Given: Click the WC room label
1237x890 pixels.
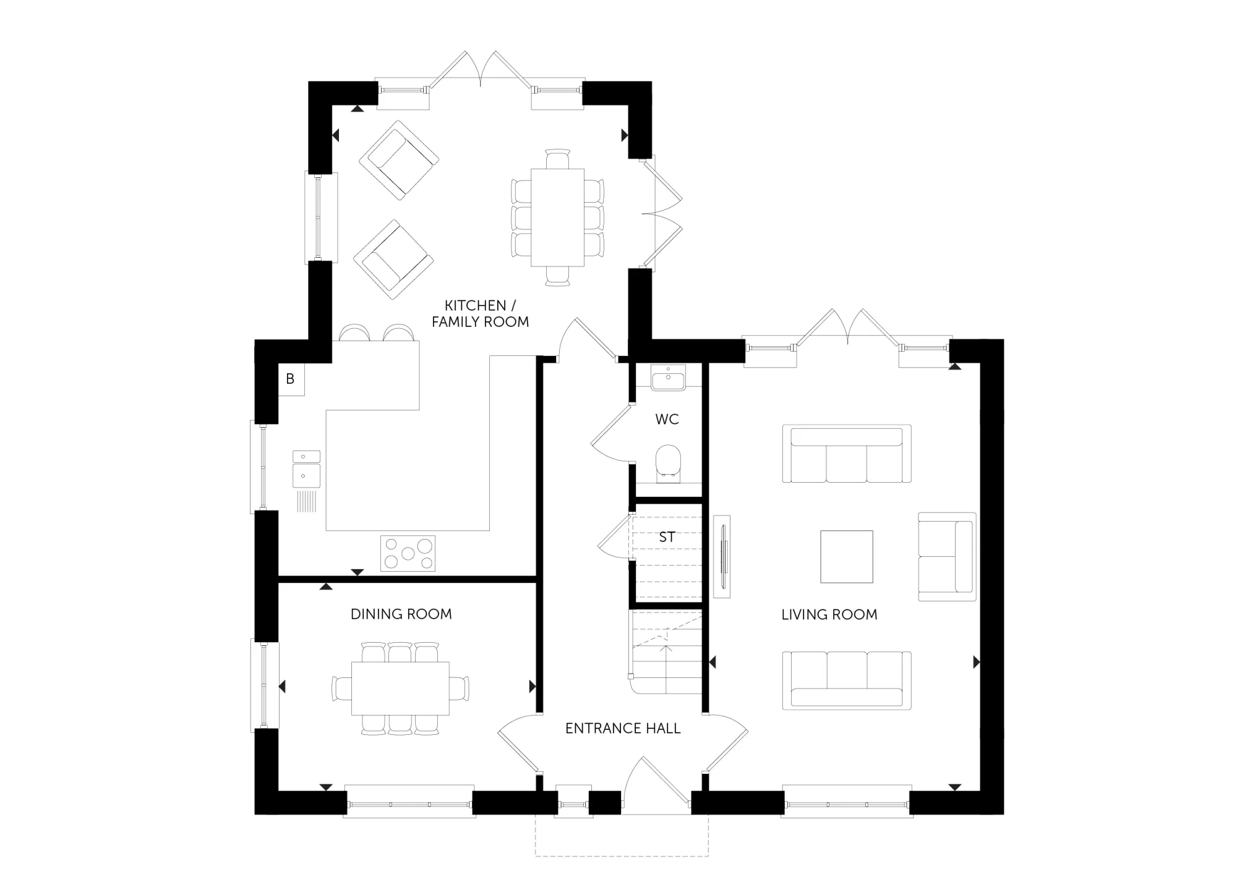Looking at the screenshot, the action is tap(667, 419).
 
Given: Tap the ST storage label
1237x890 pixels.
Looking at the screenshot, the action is tap(667, 537).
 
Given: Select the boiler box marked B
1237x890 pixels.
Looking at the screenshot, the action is tap(290, 379).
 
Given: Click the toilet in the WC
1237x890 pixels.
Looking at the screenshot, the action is tap(668, 463).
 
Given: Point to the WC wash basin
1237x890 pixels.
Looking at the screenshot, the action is tap(668, 377).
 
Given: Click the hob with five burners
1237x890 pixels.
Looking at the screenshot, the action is tap(408, 553).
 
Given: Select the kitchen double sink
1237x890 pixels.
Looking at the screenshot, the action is tap(307, 468).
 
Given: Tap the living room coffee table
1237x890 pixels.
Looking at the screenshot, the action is tap(847, 556).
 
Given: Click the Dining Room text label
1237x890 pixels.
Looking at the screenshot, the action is tap(401, 614).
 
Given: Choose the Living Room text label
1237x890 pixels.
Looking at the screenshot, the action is tap(829, 614).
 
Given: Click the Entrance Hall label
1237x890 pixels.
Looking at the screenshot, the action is tap(623, 728).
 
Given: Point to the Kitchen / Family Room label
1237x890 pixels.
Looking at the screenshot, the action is tap(481, 313).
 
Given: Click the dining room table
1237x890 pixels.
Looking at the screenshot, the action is tap(400, 689).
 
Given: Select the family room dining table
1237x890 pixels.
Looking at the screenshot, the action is tap(557, 218).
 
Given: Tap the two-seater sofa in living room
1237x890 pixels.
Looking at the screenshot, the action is tap(947, 556).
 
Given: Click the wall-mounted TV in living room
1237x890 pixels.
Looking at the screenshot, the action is tap(722, 556).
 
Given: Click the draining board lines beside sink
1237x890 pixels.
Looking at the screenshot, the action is tap(307, 501).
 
